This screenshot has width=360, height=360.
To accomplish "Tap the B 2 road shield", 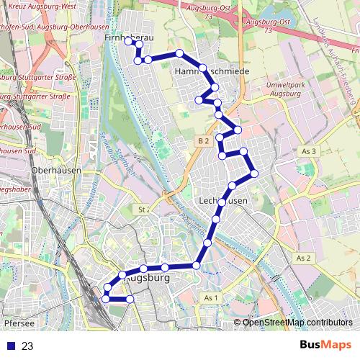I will click(202, 141).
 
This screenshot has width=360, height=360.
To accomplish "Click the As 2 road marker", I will click(303, 258).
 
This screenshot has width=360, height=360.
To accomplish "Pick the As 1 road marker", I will click(210, 298).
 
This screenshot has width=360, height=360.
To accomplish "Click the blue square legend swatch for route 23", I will click(9, 346).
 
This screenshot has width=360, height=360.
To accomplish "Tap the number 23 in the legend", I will click(27, 346).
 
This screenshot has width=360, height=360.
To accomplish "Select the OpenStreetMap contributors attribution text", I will click(297, 322).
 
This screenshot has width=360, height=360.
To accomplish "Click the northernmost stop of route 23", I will click(130, 42).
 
